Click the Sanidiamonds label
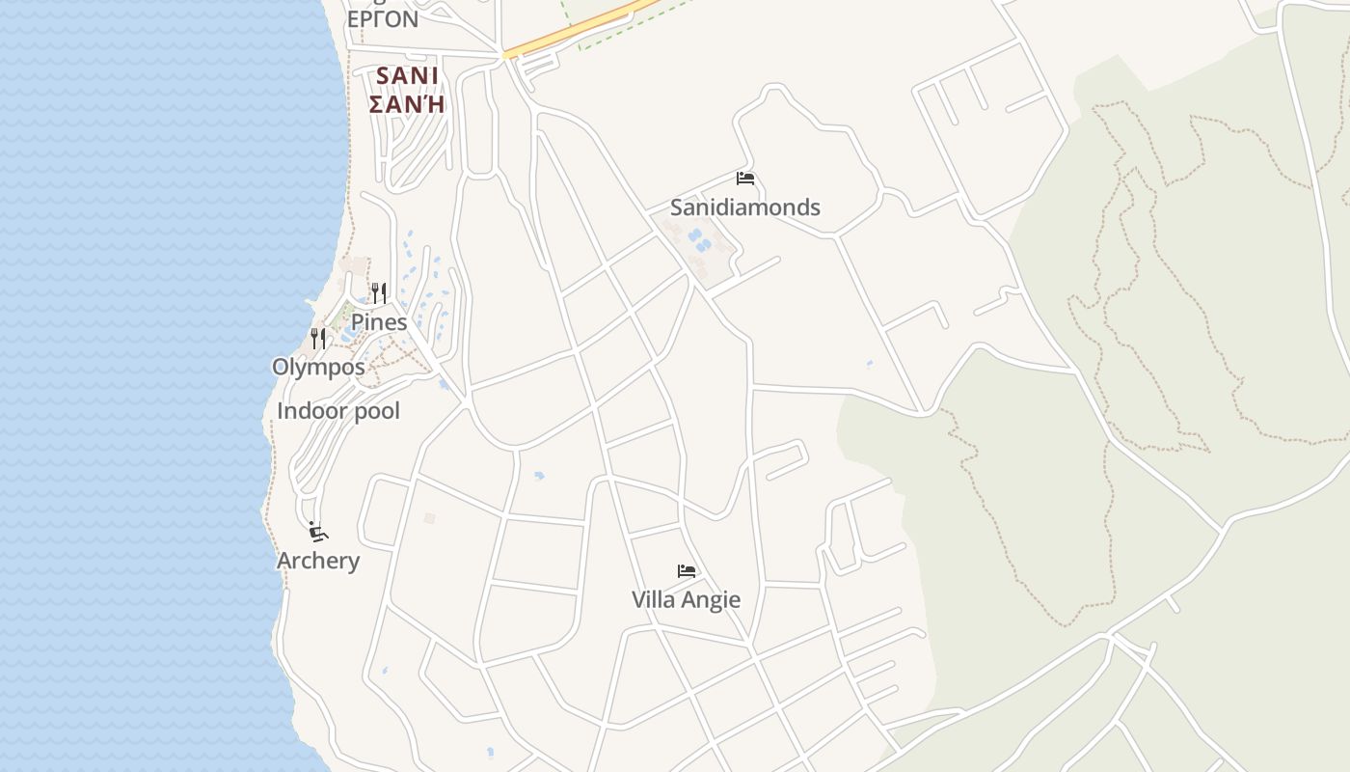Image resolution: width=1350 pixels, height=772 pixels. (x=744, y=207)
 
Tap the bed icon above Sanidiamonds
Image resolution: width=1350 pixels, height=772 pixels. (x=744, y=179)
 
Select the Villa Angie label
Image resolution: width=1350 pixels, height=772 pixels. (x=686, y=599)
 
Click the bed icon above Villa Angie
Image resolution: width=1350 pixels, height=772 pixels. (x=686, y=571)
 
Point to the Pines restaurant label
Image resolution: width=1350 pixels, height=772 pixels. (x=378, y=322)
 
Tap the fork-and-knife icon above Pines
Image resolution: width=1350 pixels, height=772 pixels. (x=378, y=293)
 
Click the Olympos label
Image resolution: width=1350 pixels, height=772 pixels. (x=318, y=367)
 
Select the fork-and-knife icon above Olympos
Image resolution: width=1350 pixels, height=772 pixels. (x=318, y=339)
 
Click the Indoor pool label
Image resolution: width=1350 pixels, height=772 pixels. (x=337, y=411)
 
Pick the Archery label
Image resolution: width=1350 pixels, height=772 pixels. (x=318, y=561)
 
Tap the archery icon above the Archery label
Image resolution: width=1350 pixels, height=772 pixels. (x=317, y=532)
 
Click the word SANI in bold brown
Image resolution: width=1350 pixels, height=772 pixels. (x=407, y=75)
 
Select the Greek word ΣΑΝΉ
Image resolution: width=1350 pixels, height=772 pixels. (x=407, y=103)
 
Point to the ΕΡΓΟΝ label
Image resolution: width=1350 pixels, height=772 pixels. (x=382, y=19)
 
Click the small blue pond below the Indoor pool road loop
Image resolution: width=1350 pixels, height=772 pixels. (x=538, y=476)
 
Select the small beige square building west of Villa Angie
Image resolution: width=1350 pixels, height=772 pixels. (x=430, y=518)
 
